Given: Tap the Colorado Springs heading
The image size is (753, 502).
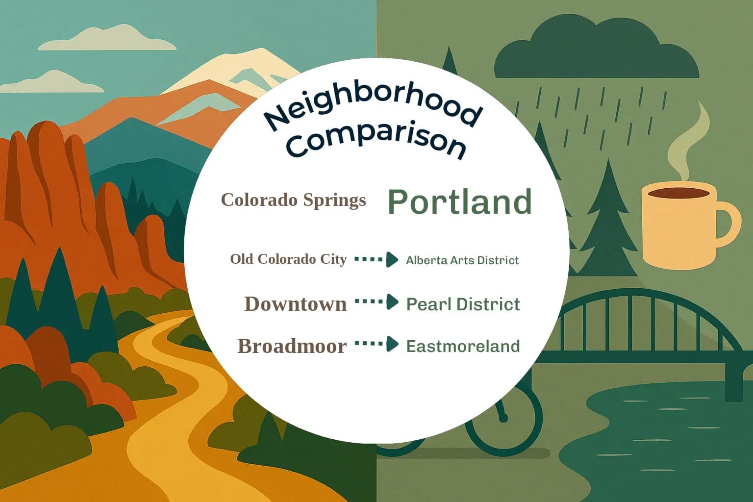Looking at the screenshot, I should (293, 200).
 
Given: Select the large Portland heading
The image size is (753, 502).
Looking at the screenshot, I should (459, 201).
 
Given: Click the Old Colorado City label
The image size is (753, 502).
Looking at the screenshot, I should (288, 259).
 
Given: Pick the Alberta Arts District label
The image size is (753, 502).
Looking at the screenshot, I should (462, 260).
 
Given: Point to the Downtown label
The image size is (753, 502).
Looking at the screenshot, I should (295, 304).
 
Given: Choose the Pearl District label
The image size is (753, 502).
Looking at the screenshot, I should (463, 304).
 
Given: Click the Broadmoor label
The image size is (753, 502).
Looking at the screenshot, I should (292, 346).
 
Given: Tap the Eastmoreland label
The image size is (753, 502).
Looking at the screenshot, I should (463, 346).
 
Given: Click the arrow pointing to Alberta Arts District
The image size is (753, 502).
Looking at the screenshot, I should (376, 259).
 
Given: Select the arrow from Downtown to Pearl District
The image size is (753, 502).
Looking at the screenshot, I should (376, 301).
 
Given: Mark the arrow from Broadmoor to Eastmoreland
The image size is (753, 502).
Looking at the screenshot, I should (376, 344).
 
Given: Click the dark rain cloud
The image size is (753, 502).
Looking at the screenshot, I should (596, 51).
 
